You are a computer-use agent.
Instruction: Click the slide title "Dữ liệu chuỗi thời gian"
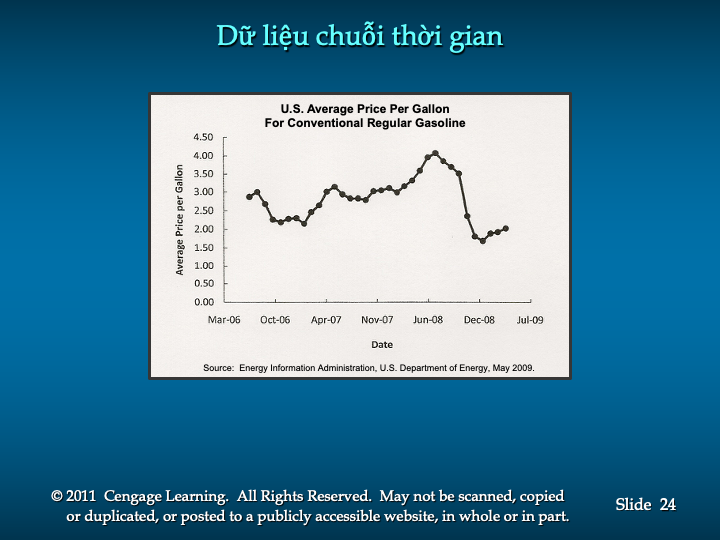pos(360,36)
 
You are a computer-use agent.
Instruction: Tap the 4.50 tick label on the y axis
pos(203,137)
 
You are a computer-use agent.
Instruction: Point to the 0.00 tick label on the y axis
pos(204,302)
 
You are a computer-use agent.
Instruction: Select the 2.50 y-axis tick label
pos(203,210)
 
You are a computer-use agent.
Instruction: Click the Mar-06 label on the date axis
pos(224,320)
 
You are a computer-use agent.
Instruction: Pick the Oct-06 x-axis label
pos(275,320)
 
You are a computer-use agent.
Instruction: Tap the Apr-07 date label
pos(326,320)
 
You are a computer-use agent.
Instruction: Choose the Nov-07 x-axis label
pos(377,320)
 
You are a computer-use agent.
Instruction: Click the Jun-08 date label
pos(428,320)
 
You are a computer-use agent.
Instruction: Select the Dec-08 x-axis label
pos(479,320)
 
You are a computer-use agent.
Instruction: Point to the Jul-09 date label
pos(530,320)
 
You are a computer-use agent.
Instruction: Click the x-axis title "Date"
pos(382,344)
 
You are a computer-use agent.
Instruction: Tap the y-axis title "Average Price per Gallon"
pos(179,219)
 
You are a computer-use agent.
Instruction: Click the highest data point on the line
pos(435,153)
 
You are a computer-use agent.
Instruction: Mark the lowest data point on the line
pos(483,241)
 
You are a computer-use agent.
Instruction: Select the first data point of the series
pos(249,197)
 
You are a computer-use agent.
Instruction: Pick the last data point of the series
pos(506,228)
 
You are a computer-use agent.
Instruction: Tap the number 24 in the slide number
pos(668,504)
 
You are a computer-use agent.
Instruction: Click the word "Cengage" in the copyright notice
pos(133,496)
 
